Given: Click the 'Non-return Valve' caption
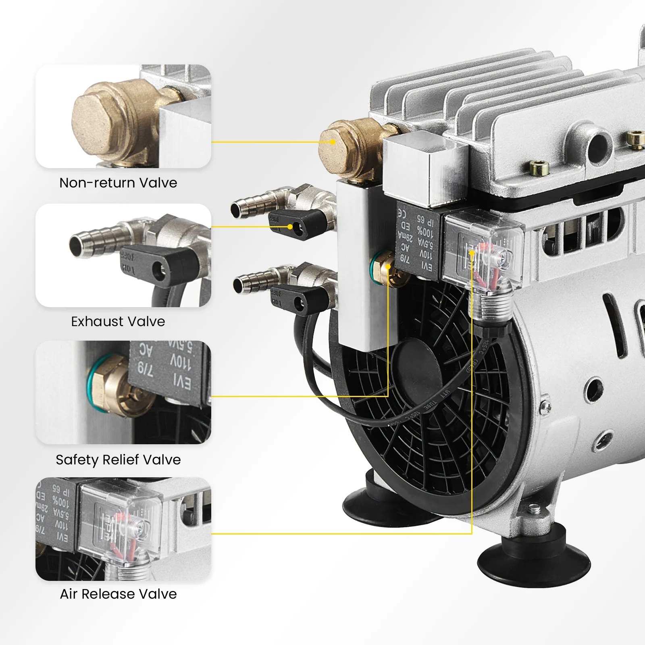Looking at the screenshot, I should click(118, 183).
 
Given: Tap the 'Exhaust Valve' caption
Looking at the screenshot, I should click(118, 322).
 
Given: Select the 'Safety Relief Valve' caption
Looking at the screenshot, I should click(118, 460).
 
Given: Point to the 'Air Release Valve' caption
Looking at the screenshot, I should click(118, 594).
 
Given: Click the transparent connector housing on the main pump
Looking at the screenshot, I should click(484, 250).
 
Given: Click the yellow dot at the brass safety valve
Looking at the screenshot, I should click(388, 266).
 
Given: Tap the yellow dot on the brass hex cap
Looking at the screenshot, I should click(332, 142).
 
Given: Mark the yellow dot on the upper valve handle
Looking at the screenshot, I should click(290, 227).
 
